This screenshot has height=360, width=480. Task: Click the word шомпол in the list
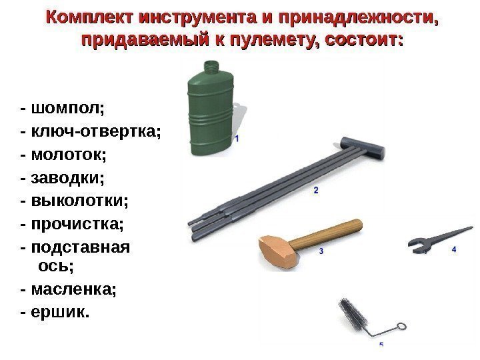click(67, 109)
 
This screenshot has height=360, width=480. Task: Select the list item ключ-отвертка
click(96, 131)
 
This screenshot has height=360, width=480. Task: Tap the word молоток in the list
click(69, 154)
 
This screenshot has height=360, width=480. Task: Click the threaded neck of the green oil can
click(211, 67)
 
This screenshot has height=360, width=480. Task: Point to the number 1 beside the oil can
click(237, 139)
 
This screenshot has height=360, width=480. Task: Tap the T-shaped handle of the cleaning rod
click(363, 147)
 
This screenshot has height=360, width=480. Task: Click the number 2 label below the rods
click(316, 190)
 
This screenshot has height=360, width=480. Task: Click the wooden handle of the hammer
click(326, 233)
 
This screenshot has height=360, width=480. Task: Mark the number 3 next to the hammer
click(321, 251)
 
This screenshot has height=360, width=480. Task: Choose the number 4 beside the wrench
click(454, 249)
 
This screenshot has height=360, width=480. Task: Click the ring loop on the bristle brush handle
click(401, 326)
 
